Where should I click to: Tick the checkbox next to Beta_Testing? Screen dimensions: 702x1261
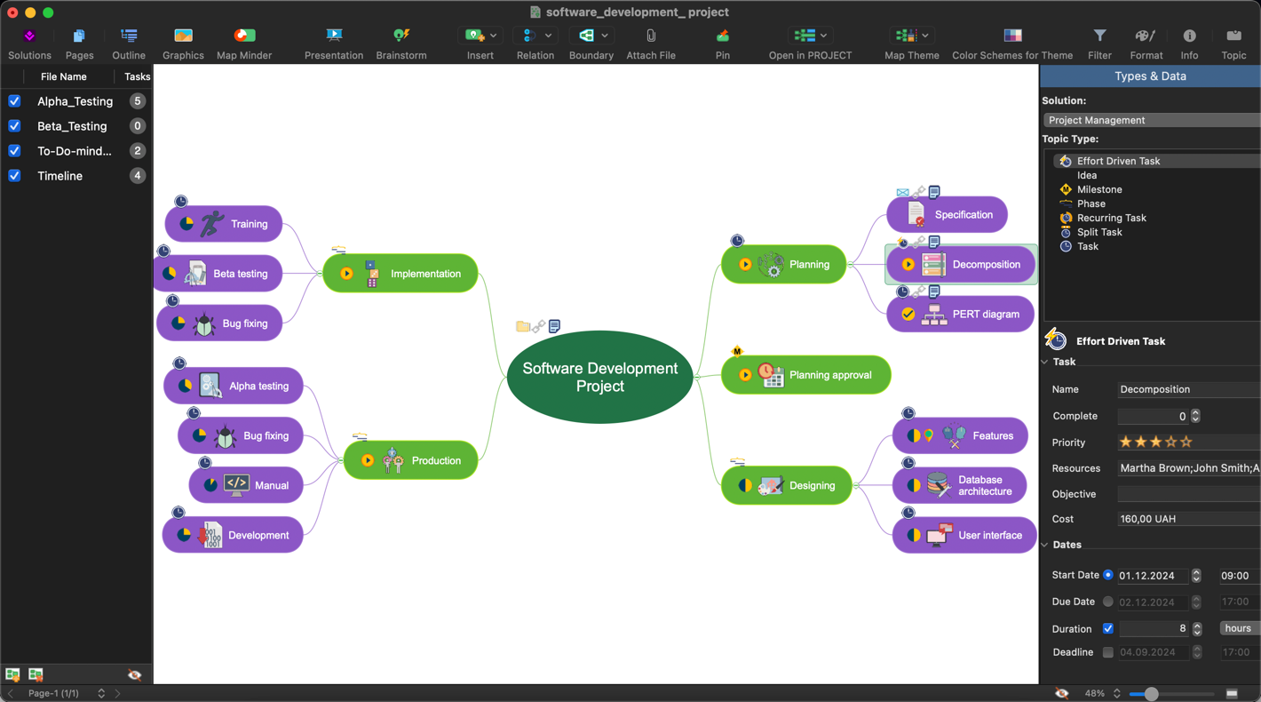(x=14, y=126)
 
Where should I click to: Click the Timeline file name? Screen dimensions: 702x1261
(x=59, y=176)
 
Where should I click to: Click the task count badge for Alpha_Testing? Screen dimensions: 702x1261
(x=138, y=101)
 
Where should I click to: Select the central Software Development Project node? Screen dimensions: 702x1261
(x=600, y=378)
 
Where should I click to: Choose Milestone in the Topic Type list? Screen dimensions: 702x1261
(x=1099, y=189)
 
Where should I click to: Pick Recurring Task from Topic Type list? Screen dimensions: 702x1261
(x=1111, y=218)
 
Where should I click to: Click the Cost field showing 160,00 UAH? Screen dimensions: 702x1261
(x=1186, y=519)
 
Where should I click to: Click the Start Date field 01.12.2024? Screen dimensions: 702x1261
(x=1152, y=576)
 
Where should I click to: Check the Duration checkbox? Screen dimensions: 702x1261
(x=1108, y=629)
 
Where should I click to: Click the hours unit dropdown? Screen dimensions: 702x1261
(x=1238, y=628)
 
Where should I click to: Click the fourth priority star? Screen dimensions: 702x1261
(x=1170, y=442)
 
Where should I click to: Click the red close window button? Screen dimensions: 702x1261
(x=12, y=12)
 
